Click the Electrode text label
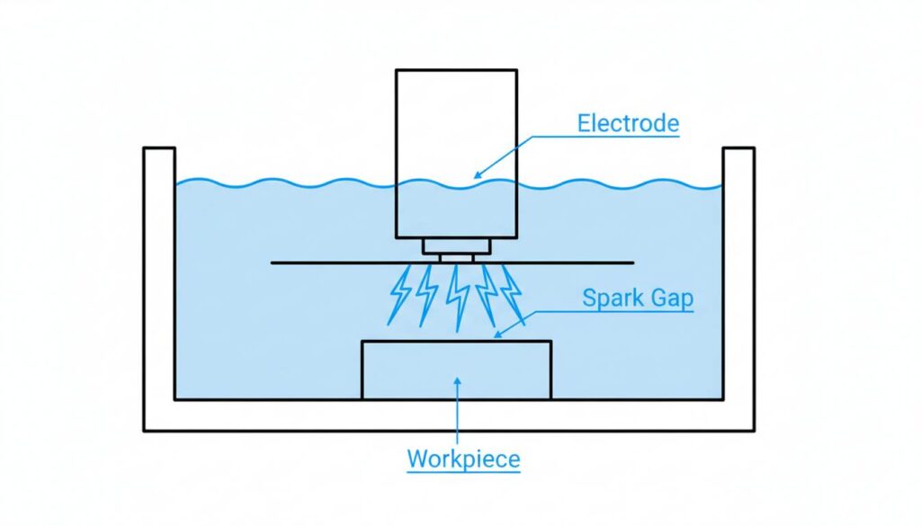point(628,123)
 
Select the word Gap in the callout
point(669,299)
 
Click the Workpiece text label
point(463,459)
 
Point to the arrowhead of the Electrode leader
point(477,174)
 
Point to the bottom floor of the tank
point(449,415)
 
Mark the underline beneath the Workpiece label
point(463,473)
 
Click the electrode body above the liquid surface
point(456,121)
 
